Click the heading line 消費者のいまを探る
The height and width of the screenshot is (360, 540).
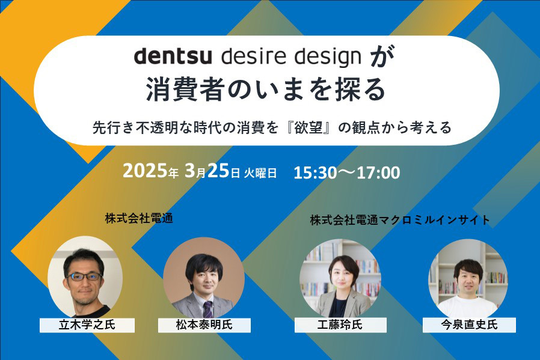265,91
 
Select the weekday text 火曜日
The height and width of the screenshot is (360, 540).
260,173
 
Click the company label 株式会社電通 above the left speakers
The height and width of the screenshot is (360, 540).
139,219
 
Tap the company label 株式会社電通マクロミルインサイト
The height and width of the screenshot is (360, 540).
400,221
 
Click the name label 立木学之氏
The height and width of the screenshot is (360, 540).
87,325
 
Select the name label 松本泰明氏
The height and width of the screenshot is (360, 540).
204,325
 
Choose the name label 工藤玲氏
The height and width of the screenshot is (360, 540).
341,325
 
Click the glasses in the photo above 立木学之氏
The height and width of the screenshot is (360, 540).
84,276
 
